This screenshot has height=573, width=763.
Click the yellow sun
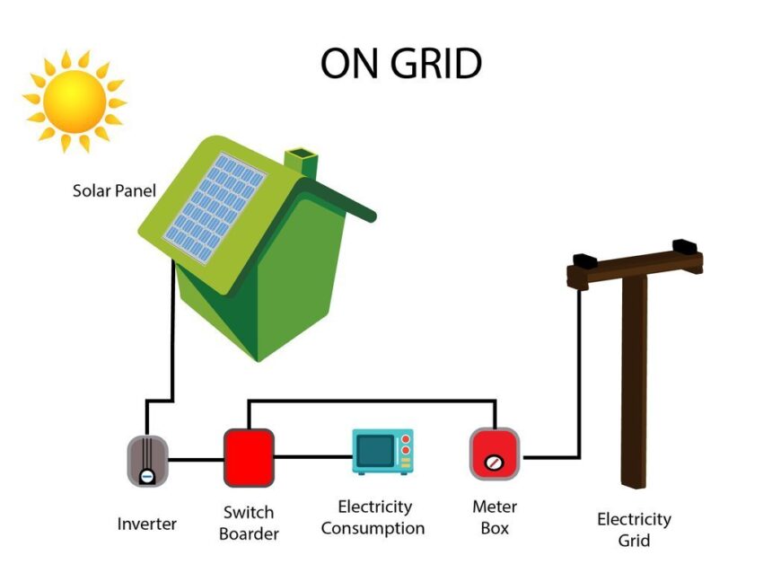tap(74, 100)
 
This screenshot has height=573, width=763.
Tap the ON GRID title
tap(401, 64)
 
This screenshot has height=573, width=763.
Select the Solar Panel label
tap(114, 190)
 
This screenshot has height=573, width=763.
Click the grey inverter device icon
tap(147, 461)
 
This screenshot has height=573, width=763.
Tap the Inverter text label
tap(147, 524)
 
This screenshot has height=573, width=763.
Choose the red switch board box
tap(249, 457)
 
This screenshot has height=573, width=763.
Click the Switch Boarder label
tap(250, 523)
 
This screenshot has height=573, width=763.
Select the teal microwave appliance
tap(382, 451)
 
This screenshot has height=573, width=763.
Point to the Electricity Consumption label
tap(373, 518)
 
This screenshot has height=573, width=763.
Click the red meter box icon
tap(495, 454)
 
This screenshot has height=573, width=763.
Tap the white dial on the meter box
tap(492, 463)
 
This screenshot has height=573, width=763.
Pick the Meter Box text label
tap(495, 517)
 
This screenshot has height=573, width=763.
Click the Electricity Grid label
tap(634, 529)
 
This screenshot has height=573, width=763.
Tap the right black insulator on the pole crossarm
tap(686, 244)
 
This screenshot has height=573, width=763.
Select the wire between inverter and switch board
tap(196, 460)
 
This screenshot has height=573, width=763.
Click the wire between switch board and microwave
tap(312, 456)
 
